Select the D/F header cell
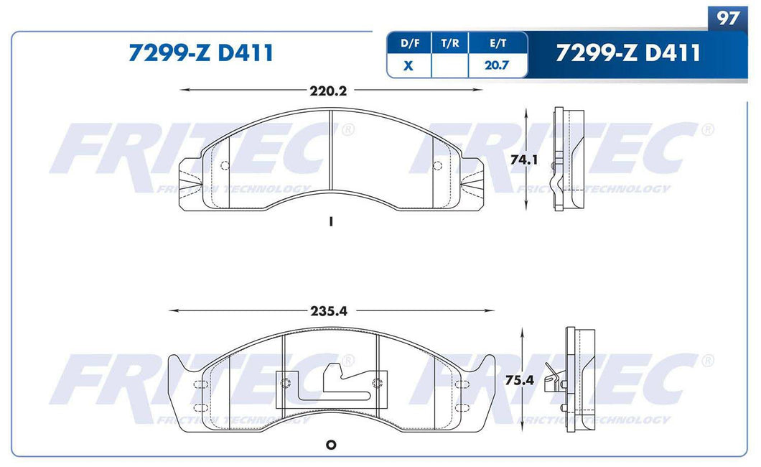tap(408, 43)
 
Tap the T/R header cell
tap(449, 43)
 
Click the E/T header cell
tap(497, 43)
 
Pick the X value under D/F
tap(408, 65)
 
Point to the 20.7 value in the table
tap(497, 65)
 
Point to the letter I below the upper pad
tap(330, 222)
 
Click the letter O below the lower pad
tap(331, 445)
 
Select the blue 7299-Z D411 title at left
tap(200, 53)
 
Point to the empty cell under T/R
tap(449, 65)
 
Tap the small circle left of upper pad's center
tap(225, 166)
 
